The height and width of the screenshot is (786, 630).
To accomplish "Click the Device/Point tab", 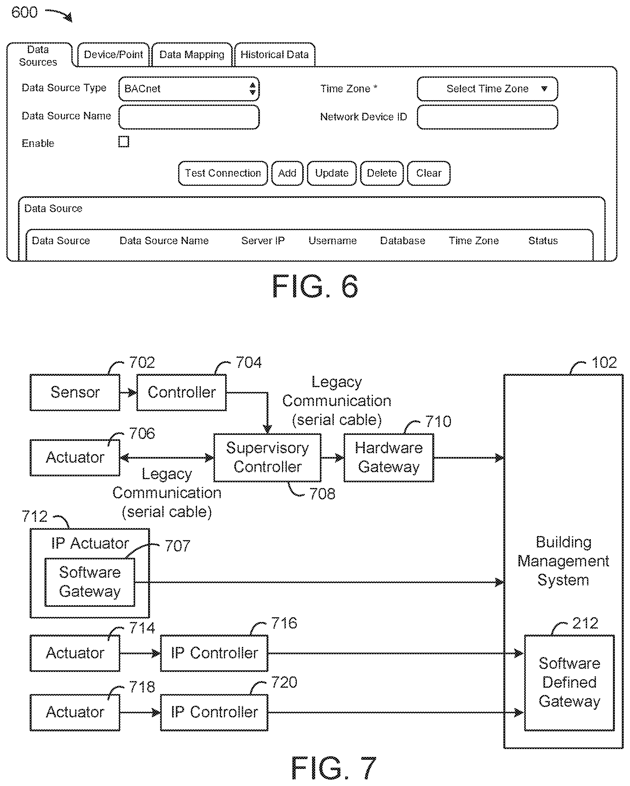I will pos(113,55).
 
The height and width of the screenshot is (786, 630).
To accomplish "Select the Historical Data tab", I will pos(274,55).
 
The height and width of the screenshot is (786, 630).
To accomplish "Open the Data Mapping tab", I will pos(192,55).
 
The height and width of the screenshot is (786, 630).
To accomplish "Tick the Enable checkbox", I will pos(124,142).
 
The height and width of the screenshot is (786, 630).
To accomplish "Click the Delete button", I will pos(381,173).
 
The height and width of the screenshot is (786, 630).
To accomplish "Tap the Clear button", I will pos(429,173).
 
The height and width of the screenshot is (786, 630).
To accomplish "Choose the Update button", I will pos(332,173).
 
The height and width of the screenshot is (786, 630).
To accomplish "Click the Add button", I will pos(287,173).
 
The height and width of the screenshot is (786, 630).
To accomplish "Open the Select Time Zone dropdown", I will pos(487,88).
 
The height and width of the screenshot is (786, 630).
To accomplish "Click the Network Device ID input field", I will pos(487,117).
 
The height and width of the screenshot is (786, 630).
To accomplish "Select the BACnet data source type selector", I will pos(189,88).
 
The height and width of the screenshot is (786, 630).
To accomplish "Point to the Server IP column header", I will pos(263,241).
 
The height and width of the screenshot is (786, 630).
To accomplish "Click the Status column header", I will pos(543,241).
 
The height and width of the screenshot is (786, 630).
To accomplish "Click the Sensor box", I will pos(75,392).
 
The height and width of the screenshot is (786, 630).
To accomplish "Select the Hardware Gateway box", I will pos(389,458).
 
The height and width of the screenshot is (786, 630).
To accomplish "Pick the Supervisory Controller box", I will pos(267,458).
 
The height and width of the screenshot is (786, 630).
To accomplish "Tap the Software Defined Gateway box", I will pos(569,682).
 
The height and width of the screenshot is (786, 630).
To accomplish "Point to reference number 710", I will pos(438,421).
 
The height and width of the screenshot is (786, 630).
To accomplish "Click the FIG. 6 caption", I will pos(315,287).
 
